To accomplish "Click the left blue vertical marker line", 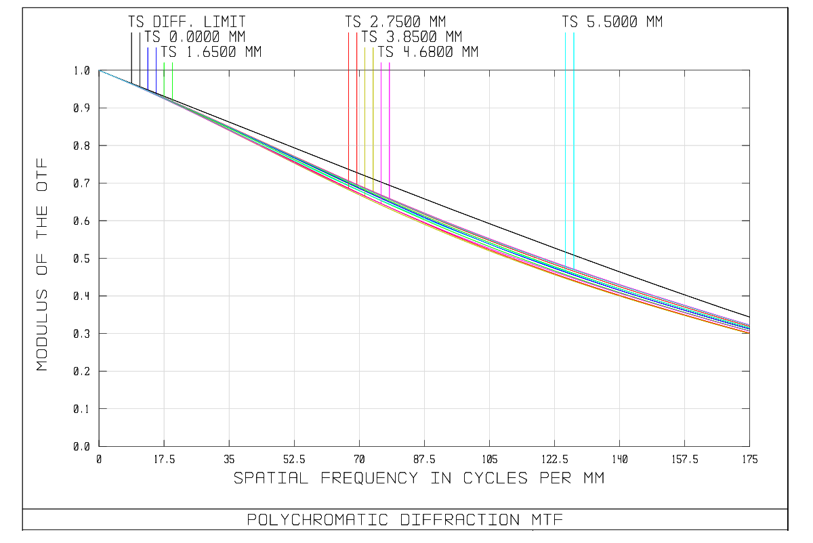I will pyautogui.click(x=148, y=68).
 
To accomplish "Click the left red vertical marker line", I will pyautogui.click(x=349, y=102).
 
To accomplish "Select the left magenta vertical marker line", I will pyautogui.click(x=381, y=129).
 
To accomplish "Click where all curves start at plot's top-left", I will pyautogui.click(x=99, y=70).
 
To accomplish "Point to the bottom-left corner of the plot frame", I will pyautogui.click(x=99, y=446).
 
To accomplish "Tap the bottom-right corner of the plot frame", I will pyautogui.click(x=749, y=446).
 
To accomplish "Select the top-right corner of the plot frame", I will pyautogui.click(x=749, y=70).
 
